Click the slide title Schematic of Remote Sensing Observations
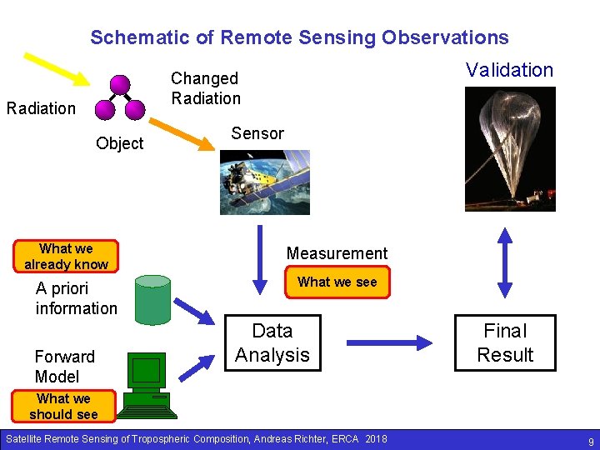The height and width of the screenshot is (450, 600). tap(299, 37)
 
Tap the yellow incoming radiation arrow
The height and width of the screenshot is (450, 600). tap(56, 69)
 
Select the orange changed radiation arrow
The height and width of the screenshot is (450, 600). tap(181, 133)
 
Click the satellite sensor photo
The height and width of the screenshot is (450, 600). tap(264, 182)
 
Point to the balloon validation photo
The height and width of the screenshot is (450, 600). tap(509, 148)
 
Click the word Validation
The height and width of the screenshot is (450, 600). tap(509, 70)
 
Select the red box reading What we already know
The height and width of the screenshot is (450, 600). tap(67, 257)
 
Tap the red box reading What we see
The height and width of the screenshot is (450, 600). tap(337, 282)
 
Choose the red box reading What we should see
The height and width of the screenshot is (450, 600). tap(63, 407)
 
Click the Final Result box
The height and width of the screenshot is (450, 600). tap(505, 342)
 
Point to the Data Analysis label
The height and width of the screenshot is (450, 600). tap(272, 342)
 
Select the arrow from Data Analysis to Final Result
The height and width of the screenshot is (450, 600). tap(388, 342)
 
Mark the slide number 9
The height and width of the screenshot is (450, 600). tap(590, 440)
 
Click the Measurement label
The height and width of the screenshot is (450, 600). tap(337, 253)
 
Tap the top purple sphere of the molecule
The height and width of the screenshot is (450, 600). tap(120, 84)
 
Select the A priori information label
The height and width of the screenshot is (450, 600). tap(76, 298)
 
